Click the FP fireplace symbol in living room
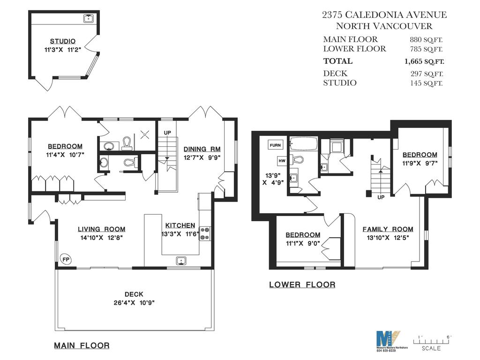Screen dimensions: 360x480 (66, 259)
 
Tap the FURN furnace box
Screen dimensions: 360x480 (275, 145)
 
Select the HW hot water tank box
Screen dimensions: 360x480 (282, 160)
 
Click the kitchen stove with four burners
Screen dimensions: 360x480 (205, 233)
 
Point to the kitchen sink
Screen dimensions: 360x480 (181, 261)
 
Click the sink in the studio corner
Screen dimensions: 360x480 (88, 18)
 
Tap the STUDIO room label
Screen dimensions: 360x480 (63, 41)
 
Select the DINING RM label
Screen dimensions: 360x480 (202, 149)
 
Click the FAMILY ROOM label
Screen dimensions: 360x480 (388, 229)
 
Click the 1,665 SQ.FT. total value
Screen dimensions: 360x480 (424, 61)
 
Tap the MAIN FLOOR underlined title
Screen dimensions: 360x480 (82, 345)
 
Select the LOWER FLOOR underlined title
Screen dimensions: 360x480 (302, 285)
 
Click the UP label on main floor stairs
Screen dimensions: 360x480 (167, 133)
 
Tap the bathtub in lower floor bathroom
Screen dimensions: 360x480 (304, 143)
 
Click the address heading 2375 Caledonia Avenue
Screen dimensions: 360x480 (384, 15)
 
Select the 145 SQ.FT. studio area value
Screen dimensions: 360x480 (426, 83)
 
